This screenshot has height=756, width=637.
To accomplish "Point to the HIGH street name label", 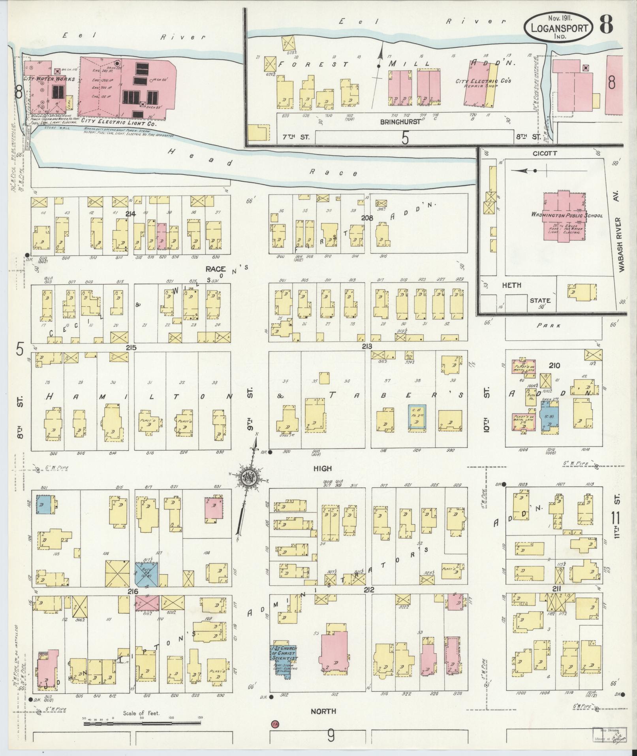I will [322, 469].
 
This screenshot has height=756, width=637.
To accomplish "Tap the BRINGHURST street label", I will [400, 122].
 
